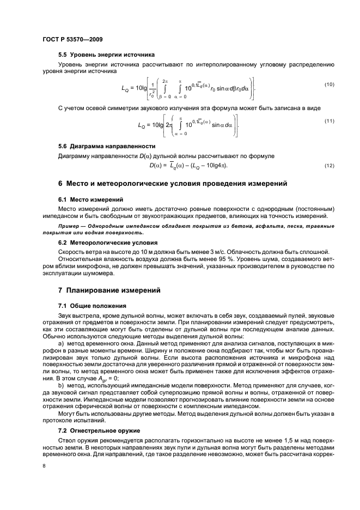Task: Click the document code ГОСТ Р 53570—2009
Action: pyautogui.click(x=73, y=40)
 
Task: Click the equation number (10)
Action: pyautogui.click(x=329, y=84)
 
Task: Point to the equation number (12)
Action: pyautogui.click(x=329, y=165)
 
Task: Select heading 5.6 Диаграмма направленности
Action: pyautogui.click(x=107, y=147)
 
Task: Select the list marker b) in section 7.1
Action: pyautogui.click(x=60, y=386)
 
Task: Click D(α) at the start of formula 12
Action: pyautogui.click(x=157, y=165)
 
